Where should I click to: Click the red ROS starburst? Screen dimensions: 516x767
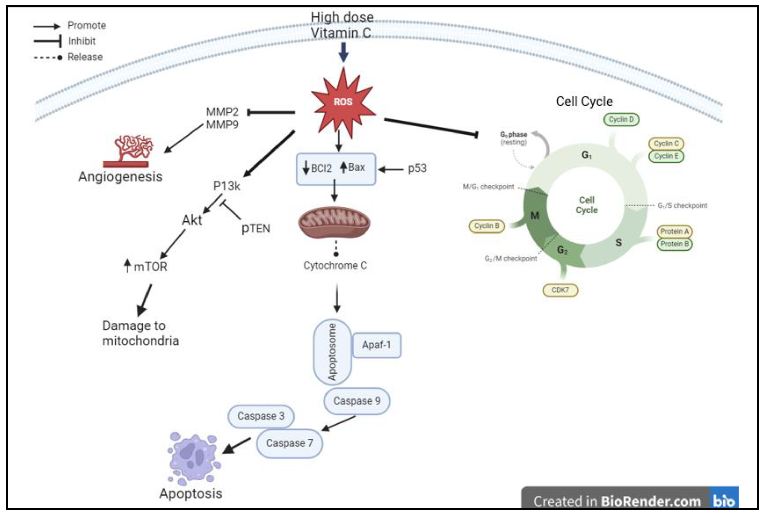click(343, 102)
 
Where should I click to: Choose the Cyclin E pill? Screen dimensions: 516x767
click(666, 156)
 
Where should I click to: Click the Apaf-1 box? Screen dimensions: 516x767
click(376, 345)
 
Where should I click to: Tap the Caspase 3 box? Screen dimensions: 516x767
click(261, 416)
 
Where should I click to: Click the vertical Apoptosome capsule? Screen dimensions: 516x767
click(332, 352)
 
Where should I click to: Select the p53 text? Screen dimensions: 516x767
click(417, 169)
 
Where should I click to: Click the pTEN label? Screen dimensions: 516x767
click(256, 228)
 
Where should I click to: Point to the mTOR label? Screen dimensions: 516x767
click(150, 267)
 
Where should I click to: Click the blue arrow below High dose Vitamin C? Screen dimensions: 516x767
click(343, 52)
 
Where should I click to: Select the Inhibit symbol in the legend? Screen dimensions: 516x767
click(48, 41)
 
